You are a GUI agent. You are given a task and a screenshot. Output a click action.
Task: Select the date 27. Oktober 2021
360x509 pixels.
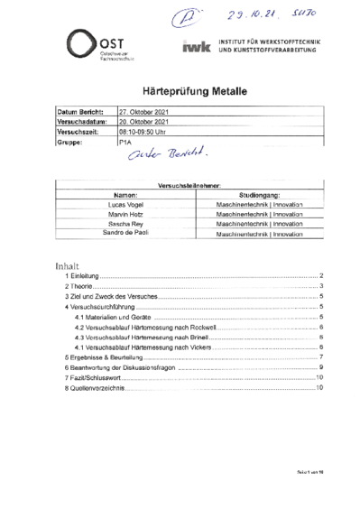[x=144, y=112]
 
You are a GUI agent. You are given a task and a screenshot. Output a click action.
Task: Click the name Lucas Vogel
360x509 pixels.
[x=125, y=205]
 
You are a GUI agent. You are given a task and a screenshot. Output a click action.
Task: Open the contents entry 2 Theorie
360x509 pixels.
[x=79, y=285]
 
